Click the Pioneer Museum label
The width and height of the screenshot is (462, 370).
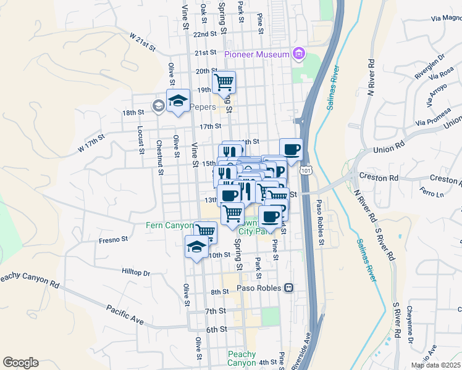[256, 54]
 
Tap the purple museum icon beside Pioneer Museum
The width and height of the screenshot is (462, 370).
[299, 54]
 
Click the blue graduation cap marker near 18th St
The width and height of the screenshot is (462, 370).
[178, 101]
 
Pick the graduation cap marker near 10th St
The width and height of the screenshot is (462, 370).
[197, 247]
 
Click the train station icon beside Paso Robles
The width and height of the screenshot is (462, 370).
[288, 288]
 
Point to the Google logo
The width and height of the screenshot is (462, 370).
[20, 363]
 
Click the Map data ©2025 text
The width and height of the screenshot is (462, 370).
[435, 365]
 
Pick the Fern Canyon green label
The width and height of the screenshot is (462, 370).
[169, 226]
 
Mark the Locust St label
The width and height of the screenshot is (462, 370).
[141, 139]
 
